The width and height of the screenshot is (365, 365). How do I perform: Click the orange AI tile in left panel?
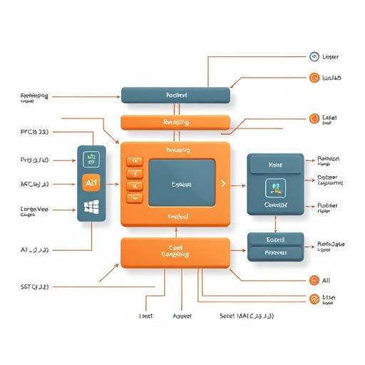91,183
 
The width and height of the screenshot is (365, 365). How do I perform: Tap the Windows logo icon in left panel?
91,207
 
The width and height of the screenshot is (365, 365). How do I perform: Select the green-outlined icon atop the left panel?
91,160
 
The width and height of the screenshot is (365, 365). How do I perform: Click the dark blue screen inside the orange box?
182,182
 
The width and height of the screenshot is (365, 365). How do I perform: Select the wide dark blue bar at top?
175,95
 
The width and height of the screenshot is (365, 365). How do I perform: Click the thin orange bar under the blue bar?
175,122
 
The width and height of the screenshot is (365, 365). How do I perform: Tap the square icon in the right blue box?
274,187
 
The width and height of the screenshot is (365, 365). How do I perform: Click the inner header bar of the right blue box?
274,165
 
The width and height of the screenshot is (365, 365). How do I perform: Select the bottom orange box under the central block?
175,252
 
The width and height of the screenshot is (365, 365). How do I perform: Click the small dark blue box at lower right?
275,246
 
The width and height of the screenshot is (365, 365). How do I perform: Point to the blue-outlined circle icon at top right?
313,56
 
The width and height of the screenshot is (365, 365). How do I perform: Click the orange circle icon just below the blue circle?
313,78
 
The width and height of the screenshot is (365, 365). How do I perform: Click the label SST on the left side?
34,287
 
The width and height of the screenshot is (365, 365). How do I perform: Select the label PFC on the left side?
34,132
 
